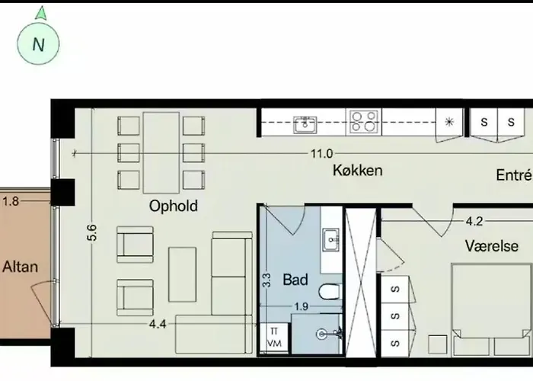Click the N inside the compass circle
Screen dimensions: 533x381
(38, 44)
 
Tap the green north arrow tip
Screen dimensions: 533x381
(41, 6)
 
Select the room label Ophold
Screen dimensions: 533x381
(174, 207)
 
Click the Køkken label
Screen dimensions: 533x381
(358, 170)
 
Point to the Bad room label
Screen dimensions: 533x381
(295, 280)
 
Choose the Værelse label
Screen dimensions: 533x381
(492, 246)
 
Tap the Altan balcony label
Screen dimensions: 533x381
(20, 267)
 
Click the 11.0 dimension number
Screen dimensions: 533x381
(322, 154)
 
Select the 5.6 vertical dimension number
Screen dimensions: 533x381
(92, 232)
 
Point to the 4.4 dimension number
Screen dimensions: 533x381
(158, 324)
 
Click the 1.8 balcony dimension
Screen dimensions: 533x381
(11, 201)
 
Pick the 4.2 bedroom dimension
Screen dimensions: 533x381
(474, 222)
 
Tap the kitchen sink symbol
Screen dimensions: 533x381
(305, 124)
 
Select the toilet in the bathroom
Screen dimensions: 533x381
(330, 292)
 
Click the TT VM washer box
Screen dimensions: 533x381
(274, 337)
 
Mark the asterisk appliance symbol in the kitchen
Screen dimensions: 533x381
(449, 122)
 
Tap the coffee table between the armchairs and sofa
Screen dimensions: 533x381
(182, 274)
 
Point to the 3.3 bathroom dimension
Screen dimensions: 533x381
(266, 280)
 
